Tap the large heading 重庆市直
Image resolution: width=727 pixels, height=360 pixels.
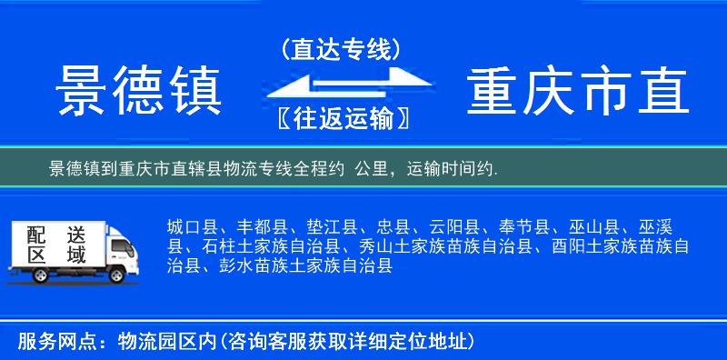578,91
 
